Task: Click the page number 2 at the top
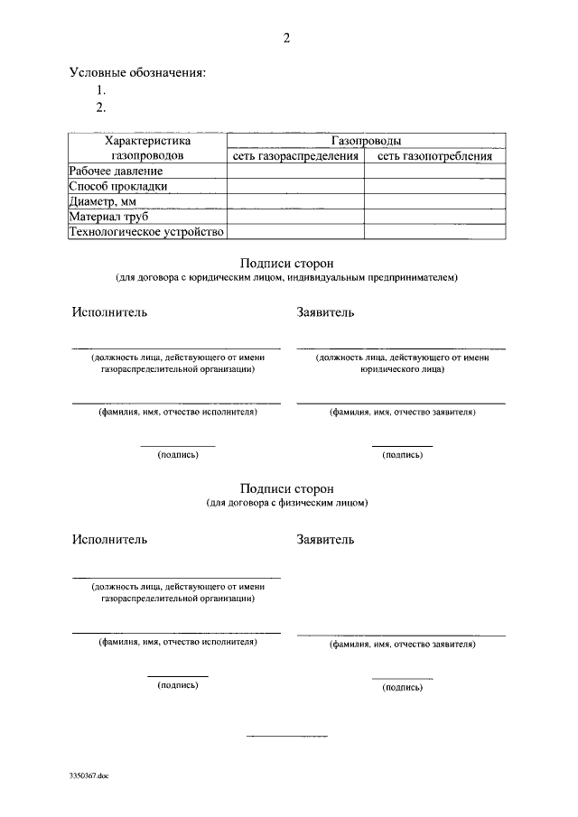(286, 38)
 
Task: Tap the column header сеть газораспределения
(295, 156)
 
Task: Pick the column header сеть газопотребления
(434, 156)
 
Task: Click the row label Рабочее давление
(117, 171)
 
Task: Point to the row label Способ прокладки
(118, 186)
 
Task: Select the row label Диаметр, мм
(108, 201)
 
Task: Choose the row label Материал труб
(109, 217)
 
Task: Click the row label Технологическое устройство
(145, 232)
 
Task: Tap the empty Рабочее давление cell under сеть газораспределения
(295, 171)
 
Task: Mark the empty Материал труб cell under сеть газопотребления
(434, 217)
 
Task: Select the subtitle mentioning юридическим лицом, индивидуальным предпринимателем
(286, 277)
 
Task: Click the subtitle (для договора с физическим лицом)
(286, 502)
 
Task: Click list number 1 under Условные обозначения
(102, 90)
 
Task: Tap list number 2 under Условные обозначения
(102, 107)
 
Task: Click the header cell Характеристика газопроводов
(147, 148)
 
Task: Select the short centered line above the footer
(287, 738)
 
